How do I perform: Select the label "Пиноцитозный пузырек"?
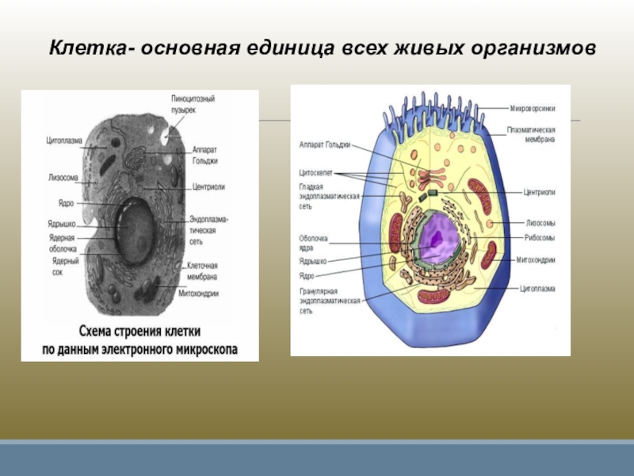193,104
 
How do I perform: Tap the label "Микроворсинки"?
530,107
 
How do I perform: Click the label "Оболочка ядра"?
314,242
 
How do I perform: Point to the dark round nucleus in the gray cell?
136,226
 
